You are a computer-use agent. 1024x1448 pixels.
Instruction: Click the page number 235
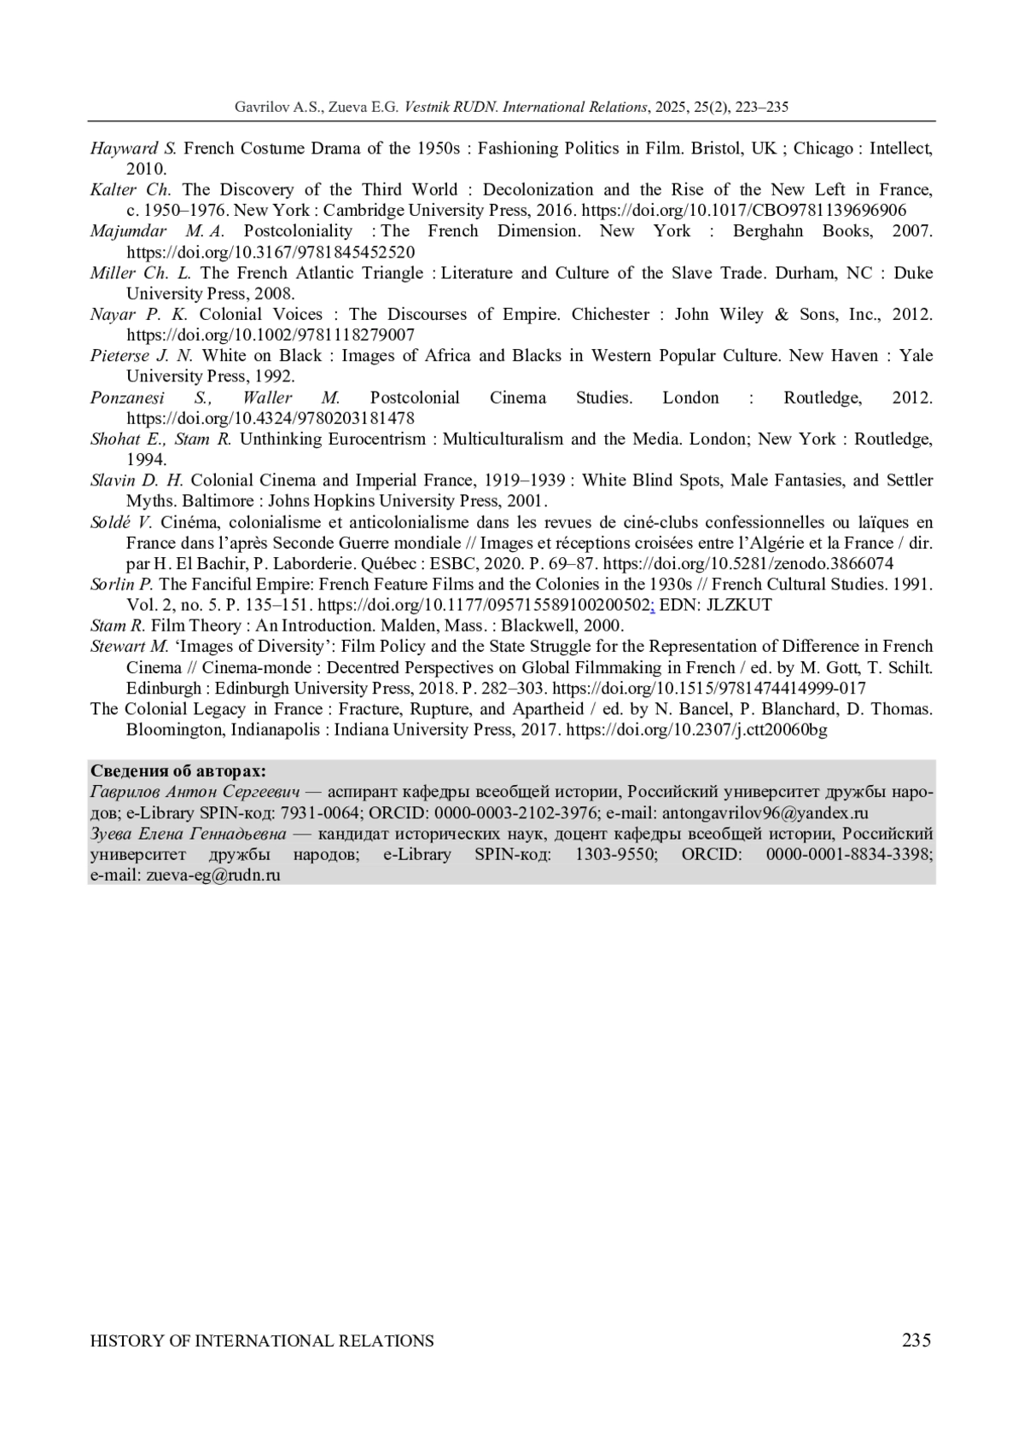click(916, 1340)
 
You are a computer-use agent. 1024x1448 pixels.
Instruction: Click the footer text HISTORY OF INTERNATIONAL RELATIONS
click(262, 1340)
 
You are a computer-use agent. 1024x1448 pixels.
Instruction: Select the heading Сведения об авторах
click(178, 771)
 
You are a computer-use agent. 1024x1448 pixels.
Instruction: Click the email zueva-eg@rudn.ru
click(213, 875)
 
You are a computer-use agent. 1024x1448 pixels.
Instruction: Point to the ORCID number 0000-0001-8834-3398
click(849, 854)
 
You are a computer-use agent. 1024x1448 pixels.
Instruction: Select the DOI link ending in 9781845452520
click(271, 252)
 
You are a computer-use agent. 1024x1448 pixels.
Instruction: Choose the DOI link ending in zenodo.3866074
click(748, 563)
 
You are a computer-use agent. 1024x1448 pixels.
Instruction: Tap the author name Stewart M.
click(130, 646)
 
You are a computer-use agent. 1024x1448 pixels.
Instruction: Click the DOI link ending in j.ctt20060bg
click(696, 730)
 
